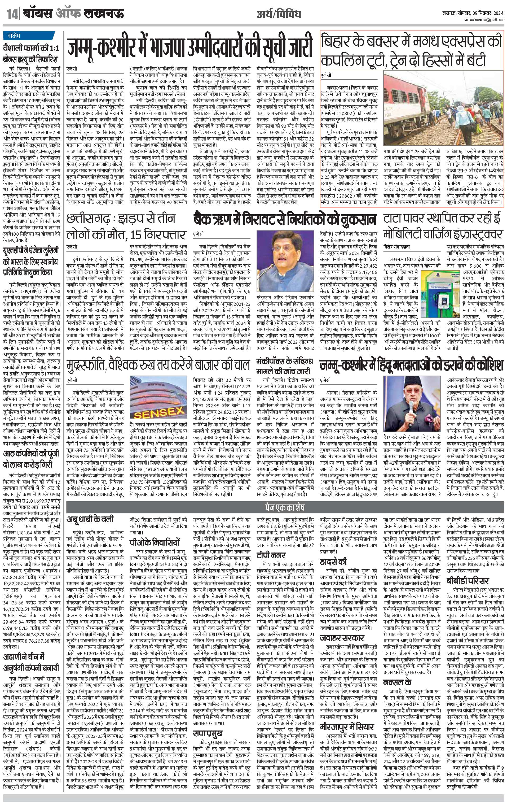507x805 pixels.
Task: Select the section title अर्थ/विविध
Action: pyautogui.click(x=278, y=14)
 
